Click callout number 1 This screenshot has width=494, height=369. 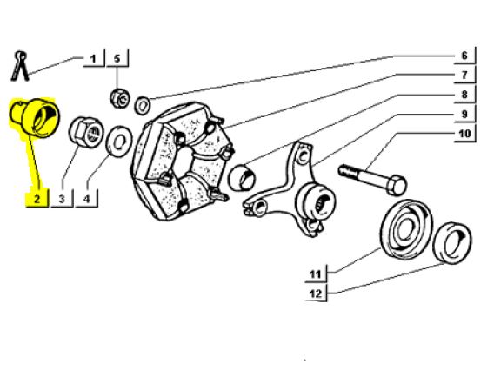point(93,59)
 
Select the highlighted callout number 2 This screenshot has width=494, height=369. point(37,199)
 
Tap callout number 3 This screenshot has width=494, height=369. point(62,199)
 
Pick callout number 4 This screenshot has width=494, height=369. point(87,199)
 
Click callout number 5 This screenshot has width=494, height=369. point(117,59)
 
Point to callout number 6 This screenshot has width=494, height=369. point(464,56)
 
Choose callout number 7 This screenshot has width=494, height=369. point(464,76)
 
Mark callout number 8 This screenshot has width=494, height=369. point(464,95)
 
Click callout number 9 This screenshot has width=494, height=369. point(464,114)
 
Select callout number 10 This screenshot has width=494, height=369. point(464,134)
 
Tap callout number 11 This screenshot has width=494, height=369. point(315,274)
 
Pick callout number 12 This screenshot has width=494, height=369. point(316,293)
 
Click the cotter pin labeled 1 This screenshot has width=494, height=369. point(19,66)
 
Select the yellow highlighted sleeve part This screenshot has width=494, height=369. point(36,117)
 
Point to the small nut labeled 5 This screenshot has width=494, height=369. point(120,98)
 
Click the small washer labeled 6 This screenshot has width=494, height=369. point(143,105)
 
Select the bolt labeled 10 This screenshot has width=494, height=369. point(372,180)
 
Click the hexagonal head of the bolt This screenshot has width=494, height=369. point(397,185)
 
